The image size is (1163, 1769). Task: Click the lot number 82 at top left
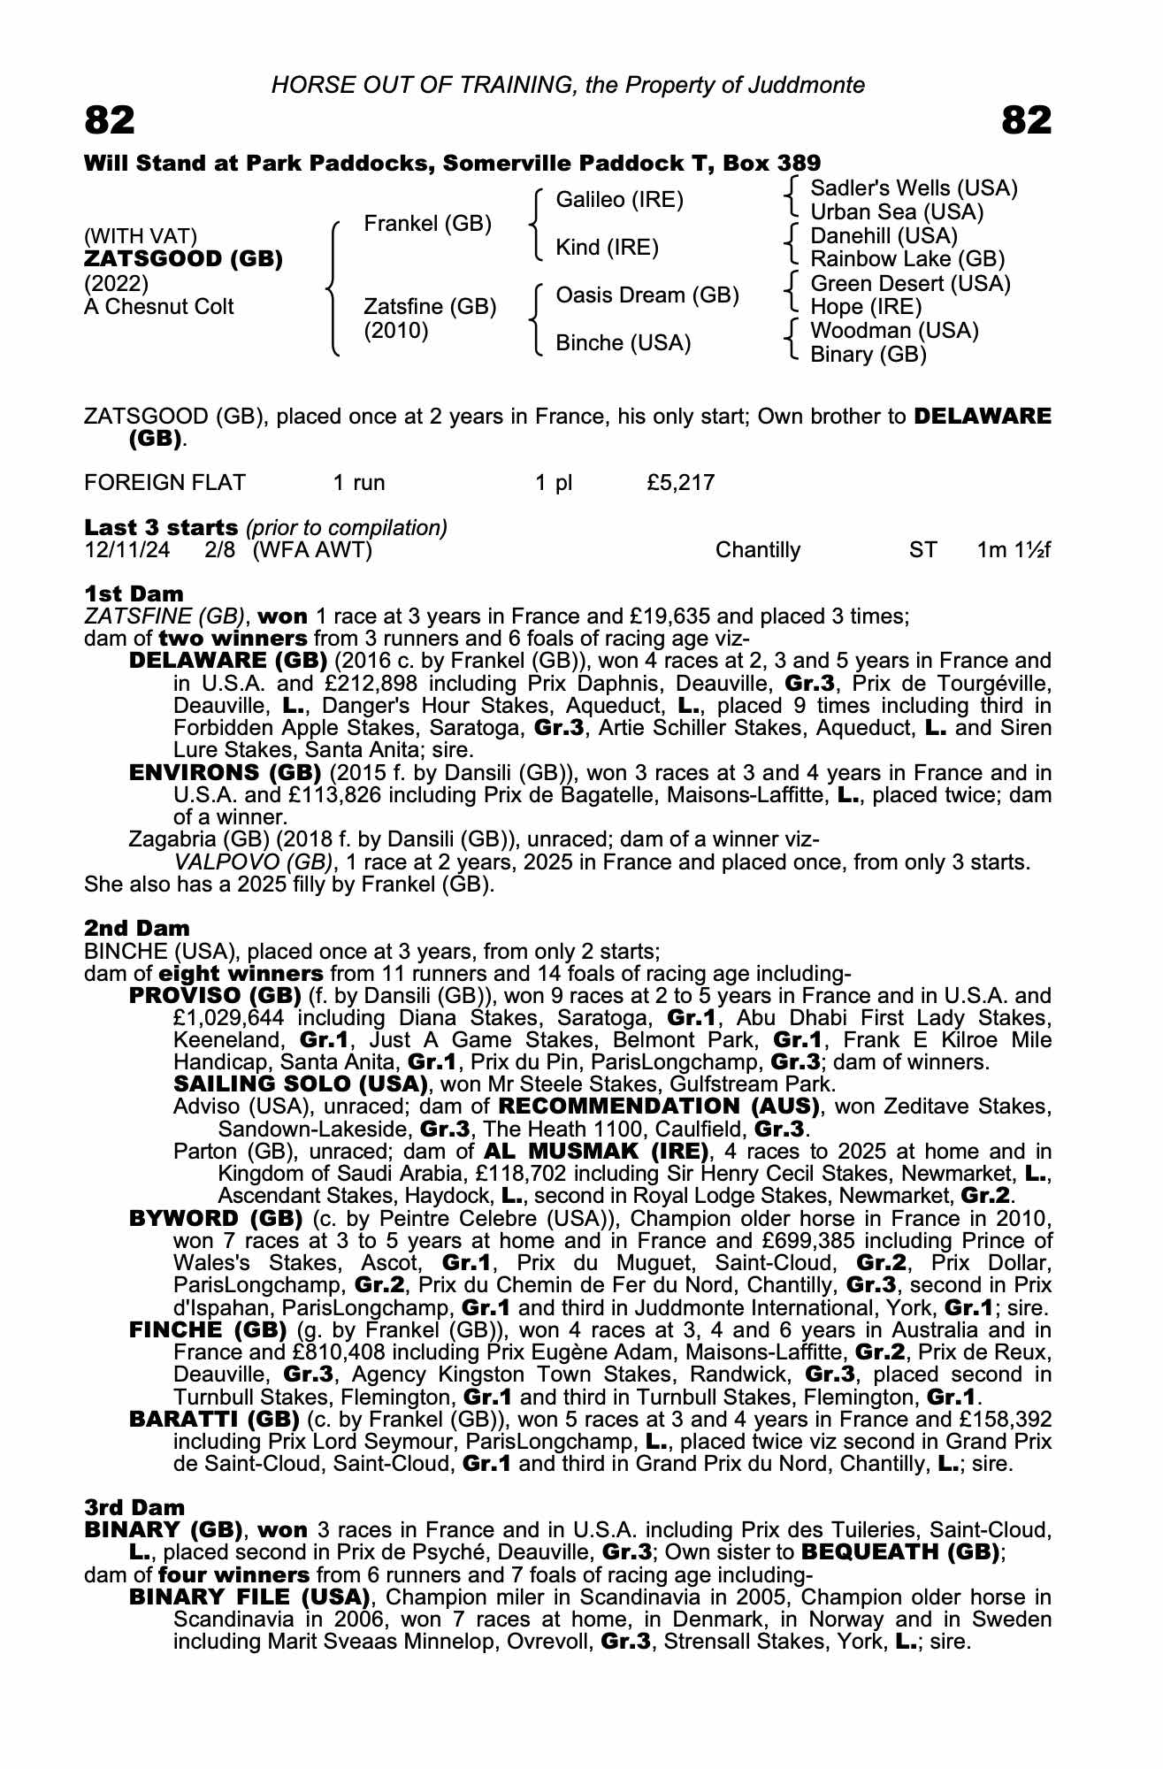[x=110, y=120]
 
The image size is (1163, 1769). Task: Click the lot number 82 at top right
[x=1026, y=120]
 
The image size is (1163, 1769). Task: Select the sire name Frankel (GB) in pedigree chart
[x=427, y=224]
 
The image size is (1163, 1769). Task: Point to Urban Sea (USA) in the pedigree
[x=897, y=212]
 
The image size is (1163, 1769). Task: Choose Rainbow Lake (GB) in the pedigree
[x=907, y=259]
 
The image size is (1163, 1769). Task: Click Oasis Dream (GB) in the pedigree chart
[x=647, y=295]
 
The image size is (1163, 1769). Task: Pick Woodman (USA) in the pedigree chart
[x=894, y=331]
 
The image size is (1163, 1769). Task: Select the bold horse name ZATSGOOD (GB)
[x=183, y=259]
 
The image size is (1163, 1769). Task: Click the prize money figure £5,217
[x=680, y=483]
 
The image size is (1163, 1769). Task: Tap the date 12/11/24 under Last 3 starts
[x=127, y=550]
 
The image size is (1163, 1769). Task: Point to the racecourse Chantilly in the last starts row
[x=757, y=550]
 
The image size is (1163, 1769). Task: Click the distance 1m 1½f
[x=1014, y=550]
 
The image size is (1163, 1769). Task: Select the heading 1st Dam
[x=134, y=593]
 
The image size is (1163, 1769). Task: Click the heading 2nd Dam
[x=136, y=928]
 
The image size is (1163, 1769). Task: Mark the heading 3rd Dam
[x=134, y=1507]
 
